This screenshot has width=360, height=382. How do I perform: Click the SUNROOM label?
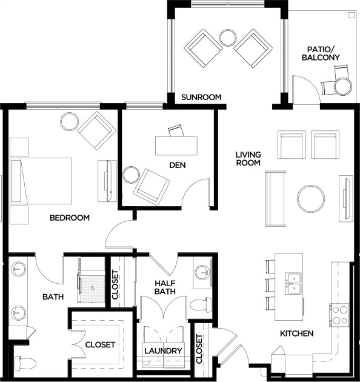pos(201,97)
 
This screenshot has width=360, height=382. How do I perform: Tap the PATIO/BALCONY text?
pos(321,53)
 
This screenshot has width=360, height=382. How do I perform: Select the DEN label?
pos(178,165)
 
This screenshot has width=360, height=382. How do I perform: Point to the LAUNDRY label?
pos(163,351)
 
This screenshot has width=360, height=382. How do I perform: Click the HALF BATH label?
pos(165,287)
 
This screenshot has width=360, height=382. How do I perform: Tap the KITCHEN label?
pos(297,333)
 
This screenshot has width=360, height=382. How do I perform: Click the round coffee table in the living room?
pos(311,198)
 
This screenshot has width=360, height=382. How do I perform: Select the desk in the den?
pos(176,146)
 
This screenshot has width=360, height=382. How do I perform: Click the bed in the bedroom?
pos(41,181)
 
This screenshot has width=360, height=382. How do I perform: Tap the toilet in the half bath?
pos(201,305)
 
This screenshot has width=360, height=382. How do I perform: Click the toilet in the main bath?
pos(25,364)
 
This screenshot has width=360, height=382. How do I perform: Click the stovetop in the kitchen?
pos(339,315)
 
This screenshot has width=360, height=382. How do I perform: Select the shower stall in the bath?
pos(92,286)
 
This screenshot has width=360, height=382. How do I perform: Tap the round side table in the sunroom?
pos(228,38)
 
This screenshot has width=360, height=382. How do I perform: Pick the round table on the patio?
pos(343,87)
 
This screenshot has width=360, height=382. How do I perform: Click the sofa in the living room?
pos(276,198)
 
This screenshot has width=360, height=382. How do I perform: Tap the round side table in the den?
pos(132,175)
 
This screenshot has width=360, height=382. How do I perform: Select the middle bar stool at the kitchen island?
pos(270,285)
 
